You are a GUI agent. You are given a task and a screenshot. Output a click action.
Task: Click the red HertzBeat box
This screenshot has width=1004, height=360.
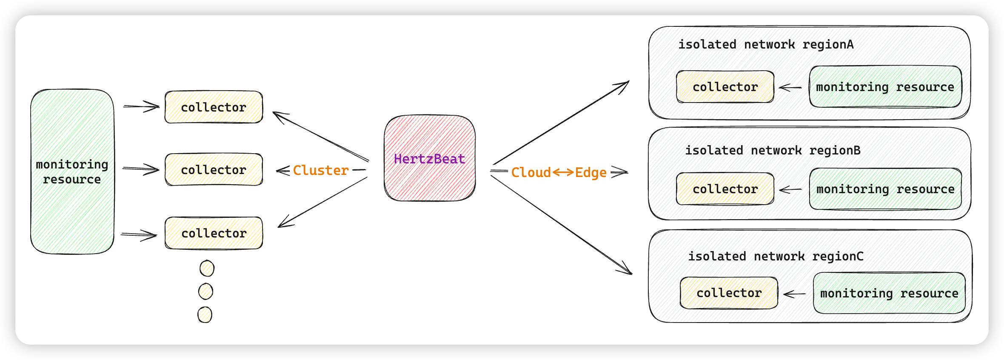coord(430,158)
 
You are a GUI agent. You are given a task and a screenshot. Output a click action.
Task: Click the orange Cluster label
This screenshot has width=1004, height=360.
coord(321,170)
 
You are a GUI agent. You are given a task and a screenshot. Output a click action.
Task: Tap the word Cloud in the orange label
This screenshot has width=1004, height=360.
coord(531,172)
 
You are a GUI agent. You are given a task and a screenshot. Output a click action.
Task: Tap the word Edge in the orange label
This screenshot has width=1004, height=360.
coord(591,172)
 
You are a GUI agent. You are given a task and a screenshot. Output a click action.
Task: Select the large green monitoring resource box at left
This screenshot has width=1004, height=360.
coord(72,171)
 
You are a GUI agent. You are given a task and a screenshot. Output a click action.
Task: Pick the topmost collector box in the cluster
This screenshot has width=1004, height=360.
coord(214,107)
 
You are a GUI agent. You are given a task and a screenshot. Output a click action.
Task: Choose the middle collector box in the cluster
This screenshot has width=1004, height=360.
coord(214,170)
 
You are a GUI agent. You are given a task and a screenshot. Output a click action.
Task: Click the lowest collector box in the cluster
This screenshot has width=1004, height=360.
coord(214,233)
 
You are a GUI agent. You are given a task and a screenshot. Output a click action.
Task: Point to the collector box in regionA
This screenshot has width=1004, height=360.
coord(725,87)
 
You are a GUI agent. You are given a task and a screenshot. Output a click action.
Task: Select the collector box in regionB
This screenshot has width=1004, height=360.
coord(725,189)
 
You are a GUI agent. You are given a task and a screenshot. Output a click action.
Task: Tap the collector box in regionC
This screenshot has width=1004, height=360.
coord(729,293)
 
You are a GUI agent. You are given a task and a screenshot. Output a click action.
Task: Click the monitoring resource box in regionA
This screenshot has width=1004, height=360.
coord(885,87)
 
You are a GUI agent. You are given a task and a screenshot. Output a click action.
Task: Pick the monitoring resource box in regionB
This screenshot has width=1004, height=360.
coord(885,189)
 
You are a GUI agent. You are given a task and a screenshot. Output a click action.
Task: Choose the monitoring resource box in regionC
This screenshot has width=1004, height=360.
coord(889,293)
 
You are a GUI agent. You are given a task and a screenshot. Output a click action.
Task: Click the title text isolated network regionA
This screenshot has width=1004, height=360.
coord(766,44)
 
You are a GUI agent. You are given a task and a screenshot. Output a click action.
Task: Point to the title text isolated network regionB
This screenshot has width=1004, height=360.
coord(773,150)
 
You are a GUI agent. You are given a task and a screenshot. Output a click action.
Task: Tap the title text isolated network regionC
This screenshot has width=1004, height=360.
coord(776,256)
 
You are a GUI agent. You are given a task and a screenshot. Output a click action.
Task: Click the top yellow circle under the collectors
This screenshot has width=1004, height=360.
coord(207,269)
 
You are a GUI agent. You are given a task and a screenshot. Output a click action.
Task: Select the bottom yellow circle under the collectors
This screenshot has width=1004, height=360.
coord(205,315)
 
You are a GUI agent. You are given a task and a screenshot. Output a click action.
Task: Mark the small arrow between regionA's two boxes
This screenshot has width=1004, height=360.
coord(790,88)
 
